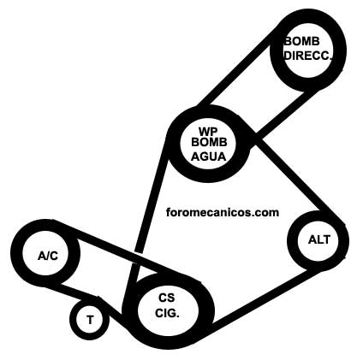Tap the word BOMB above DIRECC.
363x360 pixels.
[302, 42]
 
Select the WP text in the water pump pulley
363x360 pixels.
[208, 132]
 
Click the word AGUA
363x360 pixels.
[208, 156]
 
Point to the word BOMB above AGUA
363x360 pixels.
[209, 142]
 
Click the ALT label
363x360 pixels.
[319, 239]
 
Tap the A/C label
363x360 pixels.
[48, 256]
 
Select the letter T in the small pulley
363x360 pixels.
[90, 320]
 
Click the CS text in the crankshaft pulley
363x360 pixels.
[167, 298]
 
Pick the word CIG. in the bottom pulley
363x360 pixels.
[167, 314]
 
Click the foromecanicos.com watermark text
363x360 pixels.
[223, 212]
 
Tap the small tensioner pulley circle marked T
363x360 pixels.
[90, 333]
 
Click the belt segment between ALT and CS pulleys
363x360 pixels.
[264, 298]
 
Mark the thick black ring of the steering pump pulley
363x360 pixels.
[342, 50]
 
